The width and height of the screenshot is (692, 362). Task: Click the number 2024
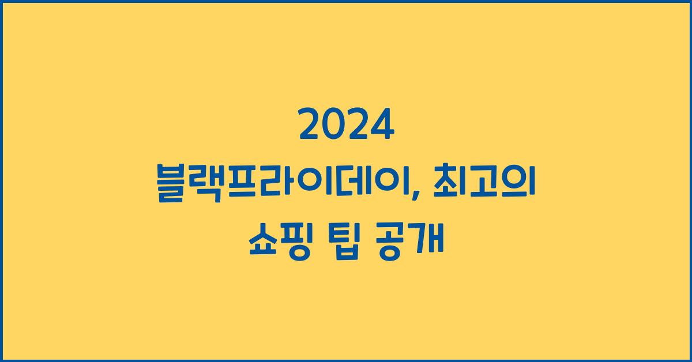tap(346, 126)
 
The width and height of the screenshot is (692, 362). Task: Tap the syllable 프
tap(243, 182)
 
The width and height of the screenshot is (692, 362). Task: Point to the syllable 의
tap(522, 182)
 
